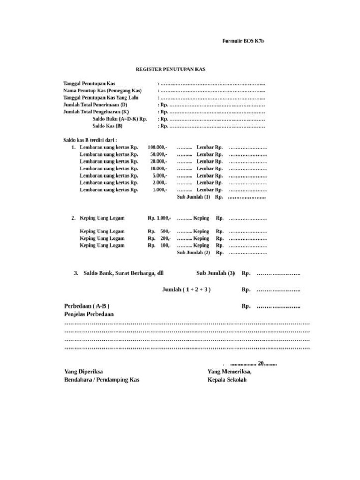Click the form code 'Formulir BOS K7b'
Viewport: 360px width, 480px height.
coord(243,41)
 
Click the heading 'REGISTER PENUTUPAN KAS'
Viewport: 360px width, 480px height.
coord(171,69)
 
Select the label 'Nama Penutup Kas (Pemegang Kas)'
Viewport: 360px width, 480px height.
coord(103,90)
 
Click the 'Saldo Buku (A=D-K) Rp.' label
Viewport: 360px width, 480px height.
coord(120,119)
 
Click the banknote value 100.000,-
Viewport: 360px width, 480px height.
coord(157,147)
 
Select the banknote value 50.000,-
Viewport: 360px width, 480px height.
coord(158,154)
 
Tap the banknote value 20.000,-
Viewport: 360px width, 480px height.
coord(158,161)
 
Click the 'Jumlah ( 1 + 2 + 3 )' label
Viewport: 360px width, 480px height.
coord(186,290)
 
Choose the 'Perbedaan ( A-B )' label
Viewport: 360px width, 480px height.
coord(87,306)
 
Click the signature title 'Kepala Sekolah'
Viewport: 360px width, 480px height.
coord(227,380)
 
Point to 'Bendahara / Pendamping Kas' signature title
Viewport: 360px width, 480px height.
coord(102,380)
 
